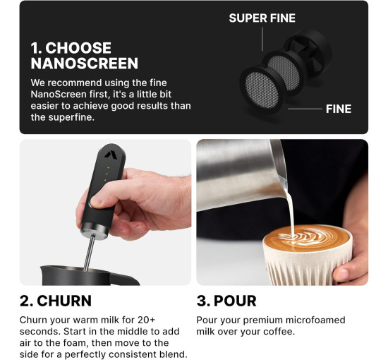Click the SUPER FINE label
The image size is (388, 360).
(262, 18)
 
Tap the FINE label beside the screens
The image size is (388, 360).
(338, 109)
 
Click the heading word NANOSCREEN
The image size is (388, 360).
(85, 64)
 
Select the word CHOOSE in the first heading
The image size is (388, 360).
(78, 48)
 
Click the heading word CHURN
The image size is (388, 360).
(64, 301)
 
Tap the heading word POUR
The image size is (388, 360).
(235, 301)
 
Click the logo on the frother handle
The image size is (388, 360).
(109, 155)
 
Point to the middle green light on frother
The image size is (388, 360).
(108, 174)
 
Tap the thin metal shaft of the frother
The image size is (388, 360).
(89, 253)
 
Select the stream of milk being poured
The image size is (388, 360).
(289, 205)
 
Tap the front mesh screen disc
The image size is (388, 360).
(262, 90)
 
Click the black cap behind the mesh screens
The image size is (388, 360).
(310, 54)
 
